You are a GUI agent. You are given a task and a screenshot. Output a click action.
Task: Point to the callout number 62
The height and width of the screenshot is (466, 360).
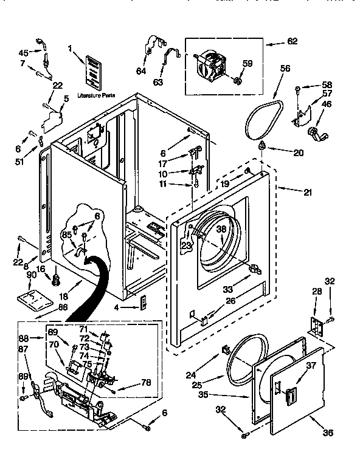coord(292,42)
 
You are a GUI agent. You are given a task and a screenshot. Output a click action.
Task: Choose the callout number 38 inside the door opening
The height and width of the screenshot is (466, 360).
coord(221,230)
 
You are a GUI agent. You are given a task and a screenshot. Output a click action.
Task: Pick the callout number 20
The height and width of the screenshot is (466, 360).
coord(297,152)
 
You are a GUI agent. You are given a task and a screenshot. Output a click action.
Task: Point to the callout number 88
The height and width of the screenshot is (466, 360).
coord(24,339)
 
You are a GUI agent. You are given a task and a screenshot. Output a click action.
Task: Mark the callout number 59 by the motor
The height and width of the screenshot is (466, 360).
coord(247,63)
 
